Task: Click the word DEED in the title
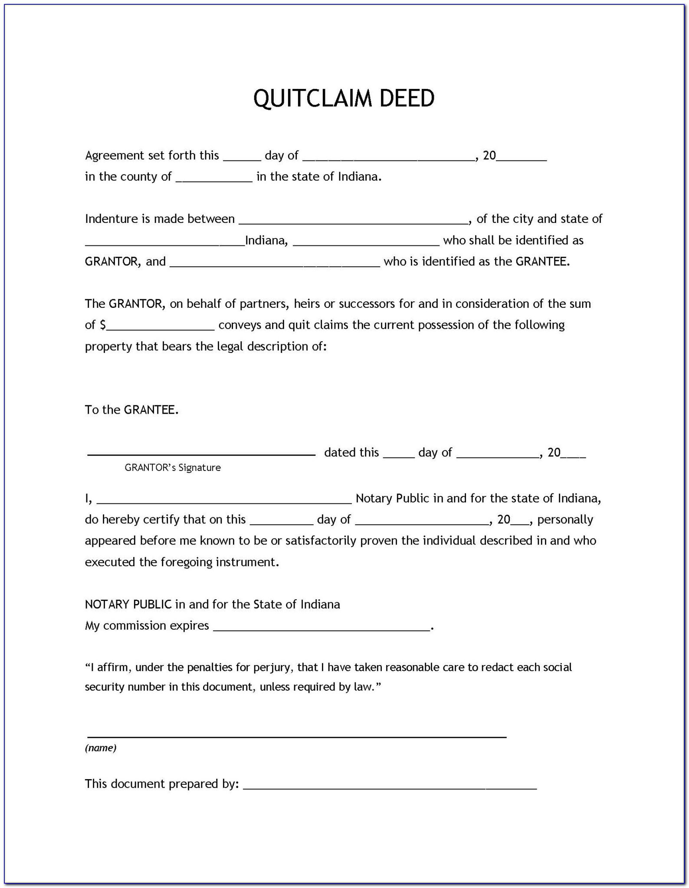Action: click(407, 98)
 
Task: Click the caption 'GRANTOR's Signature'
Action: click(173, 467)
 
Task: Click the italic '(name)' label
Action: click(101, 748)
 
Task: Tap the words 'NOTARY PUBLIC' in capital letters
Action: click(128, 604)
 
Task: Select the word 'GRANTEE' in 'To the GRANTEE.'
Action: click(150, 410)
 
